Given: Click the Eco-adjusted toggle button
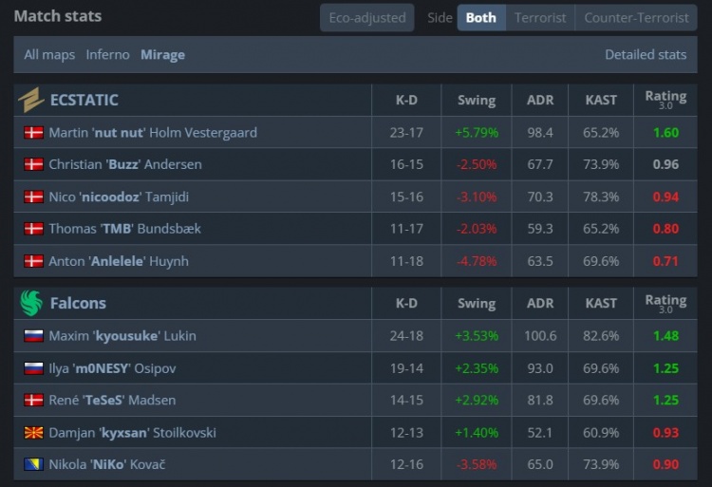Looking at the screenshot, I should (367, 17).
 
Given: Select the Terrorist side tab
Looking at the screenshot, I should (540, 17).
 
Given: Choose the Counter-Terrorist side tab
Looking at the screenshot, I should (636, 17).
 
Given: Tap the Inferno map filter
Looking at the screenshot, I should (107, 54).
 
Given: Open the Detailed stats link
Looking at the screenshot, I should (646, 54).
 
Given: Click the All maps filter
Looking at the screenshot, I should (49, 54).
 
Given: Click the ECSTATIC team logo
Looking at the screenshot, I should (31, 100).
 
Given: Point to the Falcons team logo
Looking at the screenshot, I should (31, 303).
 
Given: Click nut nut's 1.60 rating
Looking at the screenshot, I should (665, 132).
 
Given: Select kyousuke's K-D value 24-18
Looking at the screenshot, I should (406, 335).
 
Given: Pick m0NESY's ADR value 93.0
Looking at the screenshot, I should (540, 367).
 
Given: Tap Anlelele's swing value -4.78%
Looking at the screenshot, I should (476, 261).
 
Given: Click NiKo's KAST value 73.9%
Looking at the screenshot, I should (601, 464).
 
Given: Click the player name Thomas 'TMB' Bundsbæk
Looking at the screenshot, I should (124, 229).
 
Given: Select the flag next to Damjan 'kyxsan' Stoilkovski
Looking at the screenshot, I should (33, 432).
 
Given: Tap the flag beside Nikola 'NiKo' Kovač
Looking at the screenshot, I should (33, 464).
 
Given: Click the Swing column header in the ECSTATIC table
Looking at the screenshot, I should (476, 100).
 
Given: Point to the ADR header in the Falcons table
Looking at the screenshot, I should (540, 303).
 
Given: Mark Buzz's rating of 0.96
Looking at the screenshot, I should (665, 164).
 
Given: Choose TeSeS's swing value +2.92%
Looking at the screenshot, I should (476, 400).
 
